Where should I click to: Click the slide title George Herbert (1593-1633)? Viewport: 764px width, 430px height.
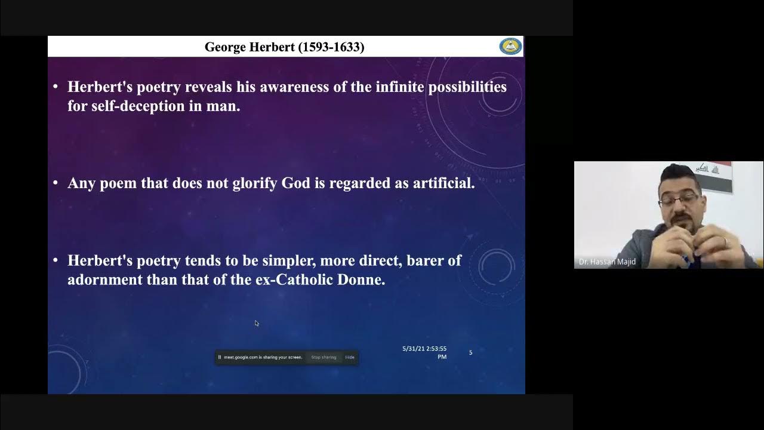[x=284, y=47]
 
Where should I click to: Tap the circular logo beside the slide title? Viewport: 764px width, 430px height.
[x=510, y=47]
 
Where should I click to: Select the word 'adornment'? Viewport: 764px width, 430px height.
[x=105, y=279]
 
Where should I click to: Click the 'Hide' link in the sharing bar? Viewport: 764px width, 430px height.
[x=350, y=357]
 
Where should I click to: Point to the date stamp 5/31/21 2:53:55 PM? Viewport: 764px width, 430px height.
[x=424, y=352]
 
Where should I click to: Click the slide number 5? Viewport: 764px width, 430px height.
[x=470, y=353]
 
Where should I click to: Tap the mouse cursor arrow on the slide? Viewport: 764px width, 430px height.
[x=257, y=323]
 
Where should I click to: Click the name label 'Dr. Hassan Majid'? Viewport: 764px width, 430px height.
[x=607, y=262]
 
